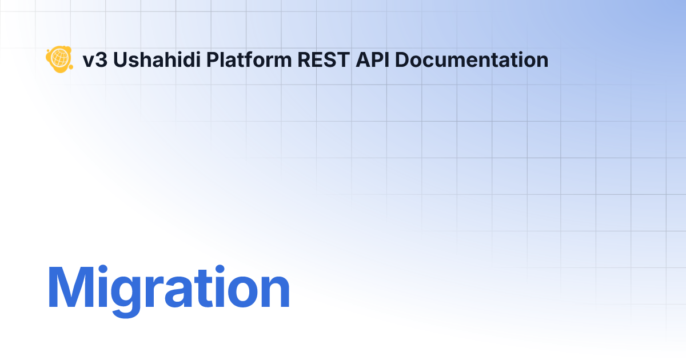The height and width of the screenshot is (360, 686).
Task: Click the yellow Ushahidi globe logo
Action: point(58,58)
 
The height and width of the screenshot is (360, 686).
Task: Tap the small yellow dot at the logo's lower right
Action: point(70,67)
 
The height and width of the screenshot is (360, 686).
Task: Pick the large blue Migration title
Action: point(168,289)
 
